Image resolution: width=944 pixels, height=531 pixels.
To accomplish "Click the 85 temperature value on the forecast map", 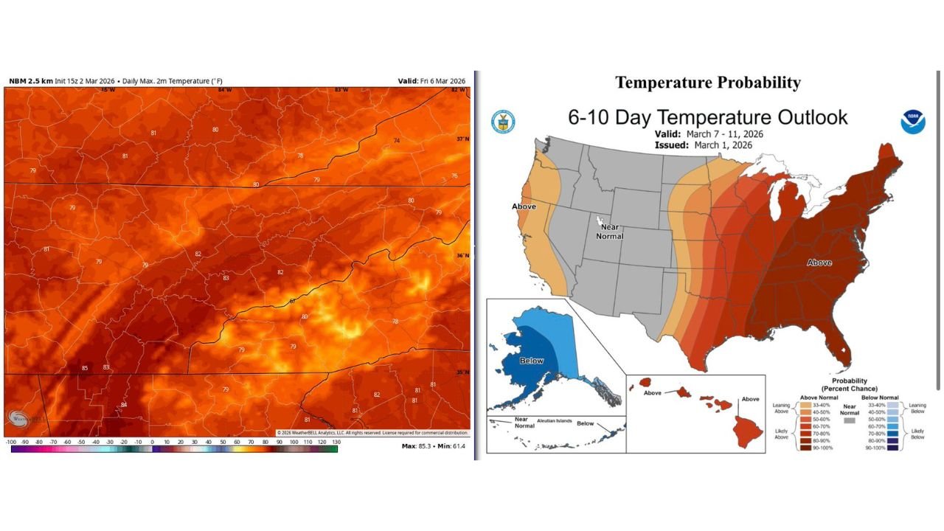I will (x=85, y=368).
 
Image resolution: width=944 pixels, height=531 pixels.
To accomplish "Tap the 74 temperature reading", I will (x=397, y=140).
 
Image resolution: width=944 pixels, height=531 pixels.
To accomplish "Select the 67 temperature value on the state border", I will (x=292, y=301).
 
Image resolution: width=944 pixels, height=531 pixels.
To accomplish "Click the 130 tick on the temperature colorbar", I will (x=336, y=441).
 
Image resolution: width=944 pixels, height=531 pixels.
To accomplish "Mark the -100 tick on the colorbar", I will (x=11, y=441).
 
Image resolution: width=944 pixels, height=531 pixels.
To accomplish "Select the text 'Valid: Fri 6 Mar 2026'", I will (x=431, y=81).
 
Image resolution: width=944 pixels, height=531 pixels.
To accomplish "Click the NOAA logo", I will (x=912, y=122).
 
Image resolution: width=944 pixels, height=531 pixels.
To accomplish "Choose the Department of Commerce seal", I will (x=503, y=122).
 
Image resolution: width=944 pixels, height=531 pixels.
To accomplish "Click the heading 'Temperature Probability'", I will (x=707, y=83).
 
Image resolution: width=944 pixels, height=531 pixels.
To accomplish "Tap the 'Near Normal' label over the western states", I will (x=610, y=232).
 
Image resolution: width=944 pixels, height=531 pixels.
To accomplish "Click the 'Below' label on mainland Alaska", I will (x=532, y=361).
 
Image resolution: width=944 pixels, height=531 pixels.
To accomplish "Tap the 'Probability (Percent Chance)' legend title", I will (x=848, y=384).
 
